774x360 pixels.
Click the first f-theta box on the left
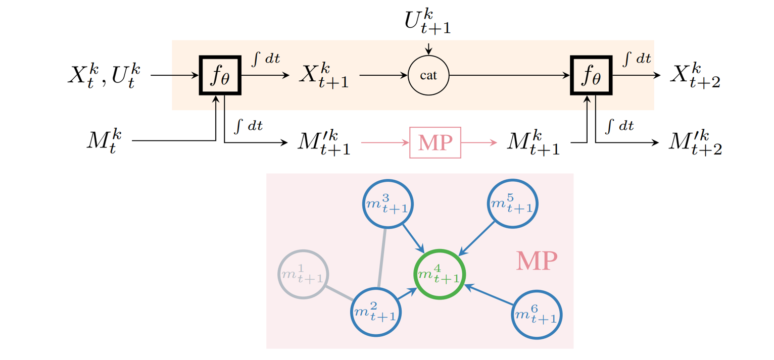[219, 76]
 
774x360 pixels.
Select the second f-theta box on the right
[591, 76]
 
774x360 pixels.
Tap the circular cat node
[428, 76]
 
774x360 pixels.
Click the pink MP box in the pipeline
[435, 142]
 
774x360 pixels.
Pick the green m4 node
[439, 275]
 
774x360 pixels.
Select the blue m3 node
[388, 204]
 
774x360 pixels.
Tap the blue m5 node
[512, 204]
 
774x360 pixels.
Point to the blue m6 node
[537, 317]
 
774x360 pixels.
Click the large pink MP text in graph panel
[537, 261]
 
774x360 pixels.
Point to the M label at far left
[105, 141]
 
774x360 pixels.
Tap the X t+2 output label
[695, 76]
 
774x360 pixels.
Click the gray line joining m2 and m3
[382, 258]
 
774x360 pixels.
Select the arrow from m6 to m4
[489, 295]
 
